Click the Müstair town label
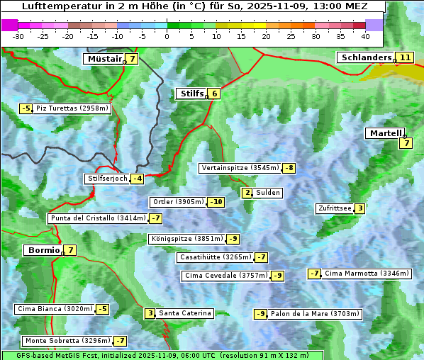104,59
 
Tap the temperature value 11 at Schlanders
405,57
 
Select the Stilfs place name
191,93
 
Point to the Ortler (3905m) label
178,202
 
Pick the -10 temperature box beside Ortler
216,202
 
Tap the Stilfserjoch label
106,179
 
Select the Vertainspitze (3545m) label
240,168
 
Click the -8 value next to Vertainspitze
289,168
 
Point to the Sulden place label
268,193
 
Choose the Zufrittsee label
334,208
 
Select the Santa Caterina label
185,313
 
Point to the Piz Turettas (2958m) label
72,108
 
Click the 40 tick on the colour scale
365,35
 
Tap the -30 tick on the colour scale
19,35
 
